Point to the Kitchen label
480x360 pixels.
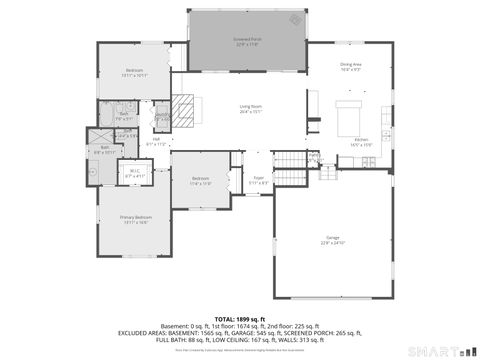[361, 141]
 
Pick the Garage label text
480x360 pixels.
[333, 239]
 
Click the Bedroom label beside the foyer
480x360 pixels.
[200, 180]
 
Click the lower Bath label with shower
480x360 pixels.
[104, 149]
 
